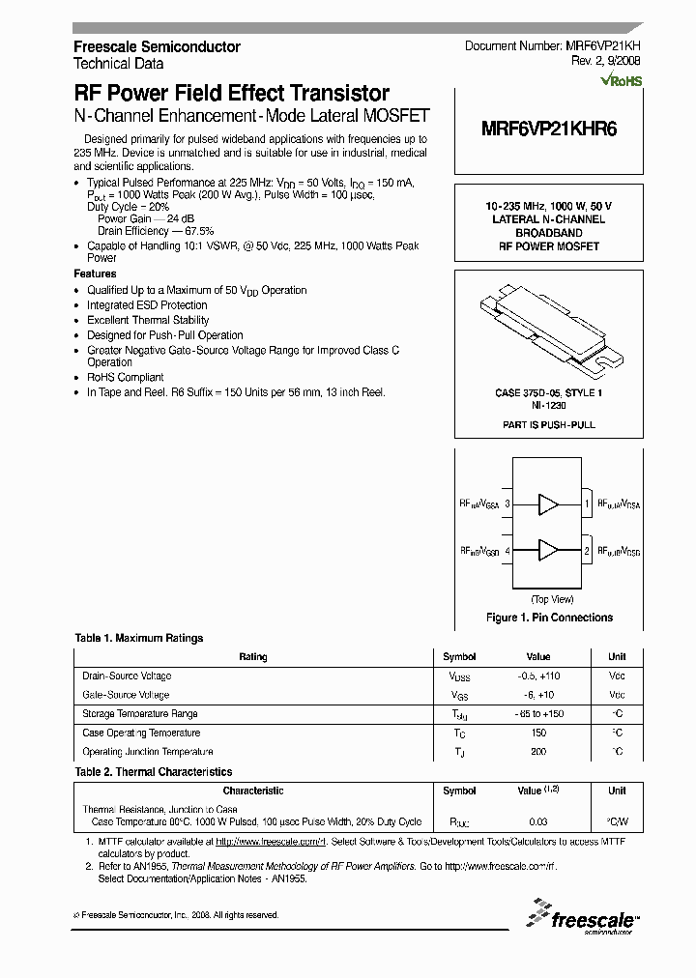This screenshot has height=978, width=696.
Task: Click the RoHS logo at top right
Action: click(x=621, y=82)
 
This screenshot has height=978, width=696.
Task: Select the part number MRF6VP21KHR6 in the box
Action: click(x=548, y=132)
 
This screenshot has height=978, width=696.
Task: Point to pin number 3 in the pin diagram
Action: click(x=507, y=503)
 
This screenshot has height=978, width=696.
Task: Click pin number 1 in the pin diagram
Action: click(x=587, y=503)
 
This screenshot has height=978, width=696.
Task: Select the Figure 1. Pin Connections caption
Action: click(x=548, y=618)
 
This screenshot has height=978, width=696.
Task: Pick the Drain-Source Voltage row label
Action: click(x=127, y=676)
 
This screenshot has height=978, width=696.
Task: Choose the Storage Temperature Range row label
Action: click(x=140, y=714)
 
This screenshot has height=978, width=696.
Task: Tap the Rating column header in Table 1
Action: click(x=252, y=657)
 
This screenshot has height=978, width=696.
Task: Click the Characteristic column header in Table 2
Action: click(x=252, y=791)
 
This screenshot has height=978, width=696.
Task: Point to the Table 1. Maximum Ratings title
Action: click(x=139, y=638)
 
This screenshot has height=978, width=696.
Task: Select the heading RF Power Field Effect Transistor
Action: click(x=232, y=94)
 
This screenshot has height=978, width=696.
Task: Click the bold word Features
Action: click(x=95, y=274)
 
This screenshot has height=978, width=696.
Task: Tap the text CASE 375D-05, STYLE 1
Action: click(x=548, y=393)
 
